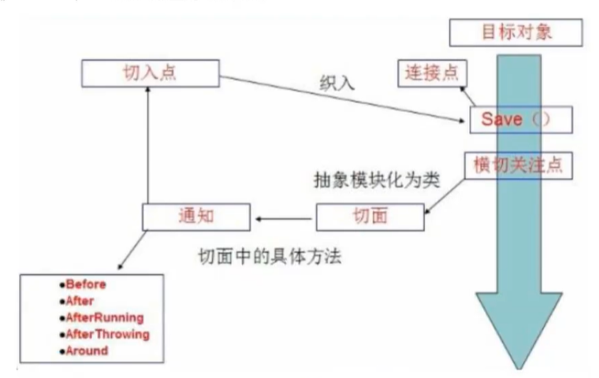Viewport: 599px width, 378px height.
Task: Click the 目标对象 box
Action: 515,32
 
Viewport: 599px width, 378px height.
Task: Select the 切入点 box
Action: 148,74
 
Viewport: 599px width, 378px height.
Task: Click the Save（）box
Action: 519,120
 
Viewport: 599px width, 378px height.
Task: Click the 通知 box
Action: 196,215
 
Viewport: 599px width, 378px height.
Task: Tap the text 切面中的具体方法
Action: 270,256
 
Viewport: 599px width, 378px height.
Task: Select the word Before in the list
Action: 86,285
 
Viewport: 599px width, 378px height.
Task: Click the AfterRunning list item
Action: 106,318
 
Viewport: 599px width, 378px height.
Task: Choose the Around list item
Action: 88,350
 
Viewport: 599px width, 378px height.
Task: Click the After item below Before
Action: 80,302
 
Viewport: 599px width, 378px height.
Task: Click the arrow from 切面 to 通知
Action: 285,216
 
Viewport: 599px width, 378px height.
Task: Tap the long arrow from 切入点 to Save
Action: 339,98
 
